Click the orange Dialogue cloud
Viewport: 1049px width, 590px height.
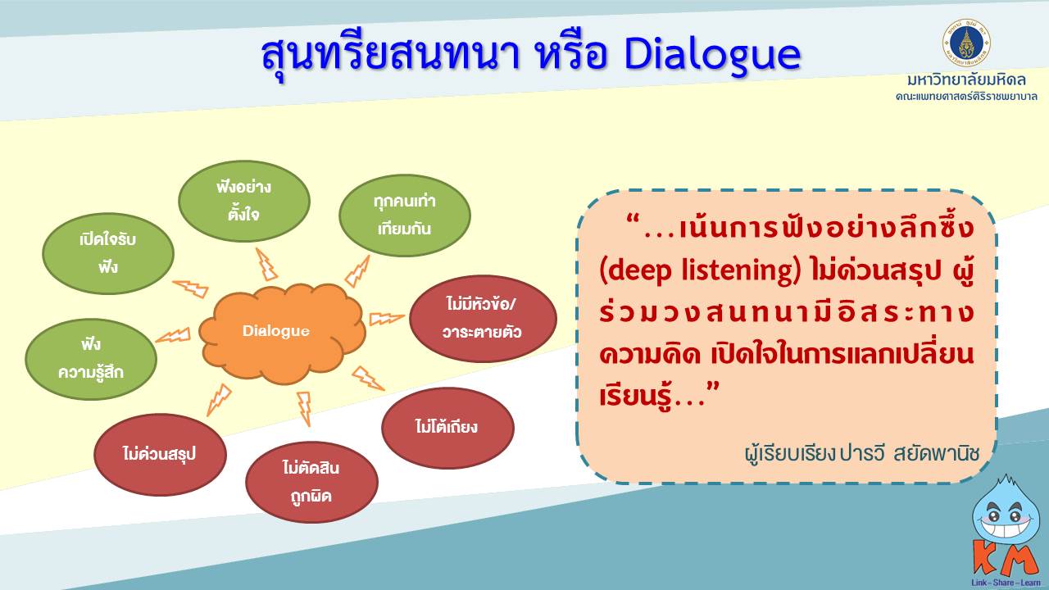click(282, 333)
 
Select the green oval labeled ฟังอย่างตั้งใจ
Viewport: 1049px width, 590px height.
click(244, 202)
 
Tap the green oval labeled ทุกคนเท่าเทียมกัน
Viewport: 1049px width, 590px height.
click(405, 216)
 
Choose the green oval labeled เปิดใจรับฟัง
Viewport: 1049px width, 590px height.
click(108, 254)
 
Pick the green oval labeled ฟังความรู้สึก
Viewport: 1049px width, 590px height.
click(91, 359)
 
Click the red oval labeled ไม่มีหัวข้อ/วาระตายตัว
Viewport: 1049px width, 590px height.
click(483, 319)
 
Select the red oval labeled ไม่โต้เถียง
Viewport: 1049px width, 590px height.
click(447, 428)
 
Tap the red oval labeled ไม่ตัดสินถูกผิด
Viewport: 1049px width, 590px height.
click(311, 483)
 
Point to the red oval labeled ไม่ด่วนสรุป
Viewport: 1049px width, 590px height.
click(160, 455)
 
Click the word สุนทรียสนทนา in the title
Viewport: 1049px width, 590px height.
click(389, 57)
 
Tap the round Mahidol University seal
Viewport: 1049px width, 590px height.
click(966, 43)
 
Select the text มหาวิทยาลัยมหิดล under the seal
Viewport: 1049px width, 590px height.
click(966, 79)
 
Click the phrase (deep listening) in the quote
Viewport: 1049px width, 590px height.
click(700, 270)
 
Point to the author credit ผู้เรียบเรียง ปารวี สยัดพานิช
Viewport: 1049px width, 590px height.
click(861, 453)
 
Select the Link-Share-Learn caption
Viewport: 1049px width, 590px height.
click(1006, 583)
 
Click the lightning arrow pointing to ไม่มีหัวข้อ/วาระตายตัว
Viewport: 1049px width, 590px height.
click(387, 319)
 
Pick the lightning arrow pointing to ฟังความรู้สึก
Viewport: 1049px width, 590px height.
click(173, 335)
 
